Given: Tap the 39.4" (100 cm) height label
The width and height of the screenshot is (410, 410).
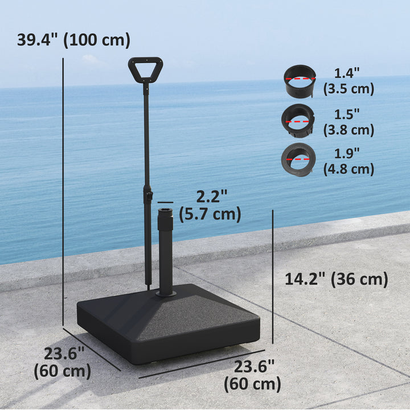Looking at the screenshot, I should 73,40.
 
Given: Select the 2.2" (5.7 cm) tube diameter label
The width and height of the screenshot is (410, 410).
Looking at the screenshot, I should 210,206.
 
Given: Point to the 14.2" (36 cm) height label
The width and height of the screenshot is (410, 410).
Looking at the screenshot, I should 336,279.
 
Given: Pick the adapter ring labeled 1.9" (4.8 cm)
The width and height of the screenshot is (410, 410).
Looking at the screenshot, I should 297,159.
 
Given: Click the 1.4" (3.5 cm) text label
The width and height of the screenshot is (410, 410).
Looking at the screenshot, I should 348,81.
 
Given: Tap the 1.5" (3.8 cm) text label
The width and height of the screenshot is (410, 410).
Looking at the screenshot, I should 348,122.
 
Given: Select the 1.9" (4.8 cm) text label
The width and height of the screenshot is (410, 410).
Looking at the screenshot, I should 348,161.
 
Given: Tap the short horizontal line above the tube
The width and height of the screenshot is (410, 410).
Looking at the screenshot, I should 165,202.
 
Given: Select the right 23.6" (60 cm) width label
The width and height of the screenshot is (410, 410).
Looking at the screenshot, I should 252,375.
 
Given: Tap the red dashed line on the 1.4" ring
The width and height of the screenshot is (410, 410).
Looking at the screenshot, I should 300,79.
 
